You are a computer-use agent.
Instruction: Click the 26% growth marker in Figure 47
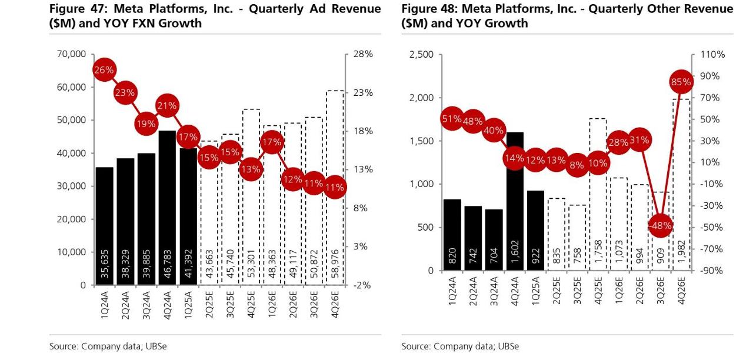click(x=104, y=70)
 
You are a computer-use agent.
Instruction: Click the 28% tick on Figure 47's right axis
click(x=364, y=54)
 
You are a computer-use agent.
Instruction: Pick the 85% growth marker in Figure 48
click(x=681, y=82)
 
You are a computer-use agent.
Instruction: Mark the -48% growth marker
click(x=660, y=226)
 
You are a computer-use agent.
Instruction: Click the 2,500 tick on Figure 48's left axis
click(x=421, y=55)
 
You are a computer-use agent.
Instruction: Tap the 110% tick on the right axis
click(x=713, y=55)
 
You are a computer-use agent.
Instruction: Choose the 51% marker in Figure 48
click(x=452, y=119)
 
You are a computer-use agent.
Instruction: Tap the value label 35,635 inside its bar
click(x=105, y=263)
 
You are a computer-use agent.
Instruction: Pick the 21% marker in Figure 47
click(x=167, y=106)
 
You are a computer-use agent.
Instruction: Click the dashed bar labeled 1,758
click(x=598, y=194)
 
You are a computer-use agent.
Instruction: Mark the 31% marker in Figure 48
click(x=639, y=140)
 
